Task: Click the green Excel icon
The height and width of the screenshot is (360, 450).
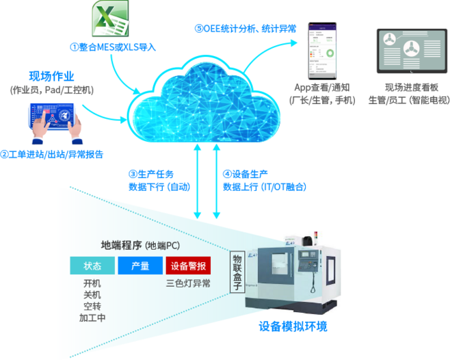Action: (109, 19)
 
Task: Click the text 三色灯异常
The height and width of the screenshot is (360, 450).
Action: (187, 282)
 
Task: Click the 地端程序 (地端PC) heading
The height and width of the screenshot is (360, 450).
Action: (140, 245)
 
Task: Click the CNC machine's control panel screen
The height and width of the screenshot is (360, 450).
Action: (306, 261)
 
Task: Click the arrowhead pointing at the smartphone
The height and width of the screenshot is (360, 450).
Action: (295, 42)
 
